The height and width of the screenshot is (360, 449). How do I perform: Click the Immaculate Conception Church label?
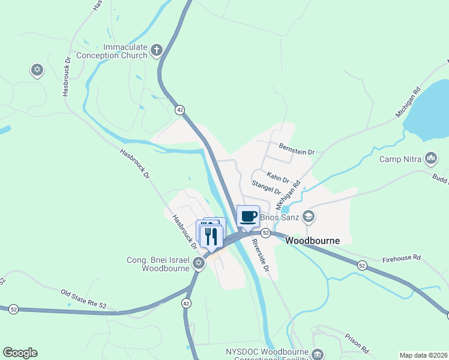125,51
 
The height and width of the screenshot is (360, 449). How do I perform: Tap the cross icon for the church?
157,49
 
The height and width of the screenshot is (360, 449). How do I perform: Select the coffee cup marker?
248,216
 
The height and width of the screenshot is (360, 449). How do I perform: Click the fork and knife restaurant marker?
211,235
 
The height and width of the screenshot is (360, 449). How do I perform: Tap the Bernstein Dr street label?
297,149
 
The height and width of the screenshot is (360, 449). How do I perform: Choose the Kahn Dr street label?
278,178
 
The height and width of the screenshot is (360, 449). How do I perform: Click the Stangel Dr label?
267,187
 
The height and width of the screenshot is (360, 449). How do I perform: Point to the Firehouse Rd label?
402,259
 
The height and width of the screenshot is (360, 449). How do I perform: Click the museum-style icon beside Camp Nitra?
430,158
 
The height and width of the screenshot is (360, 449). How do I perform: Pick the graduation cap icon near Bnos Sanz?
308,215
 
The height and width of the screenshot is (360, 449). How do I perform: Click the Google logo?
20,353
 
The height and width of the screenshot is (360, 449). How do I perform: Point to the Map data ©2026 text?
423,355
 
